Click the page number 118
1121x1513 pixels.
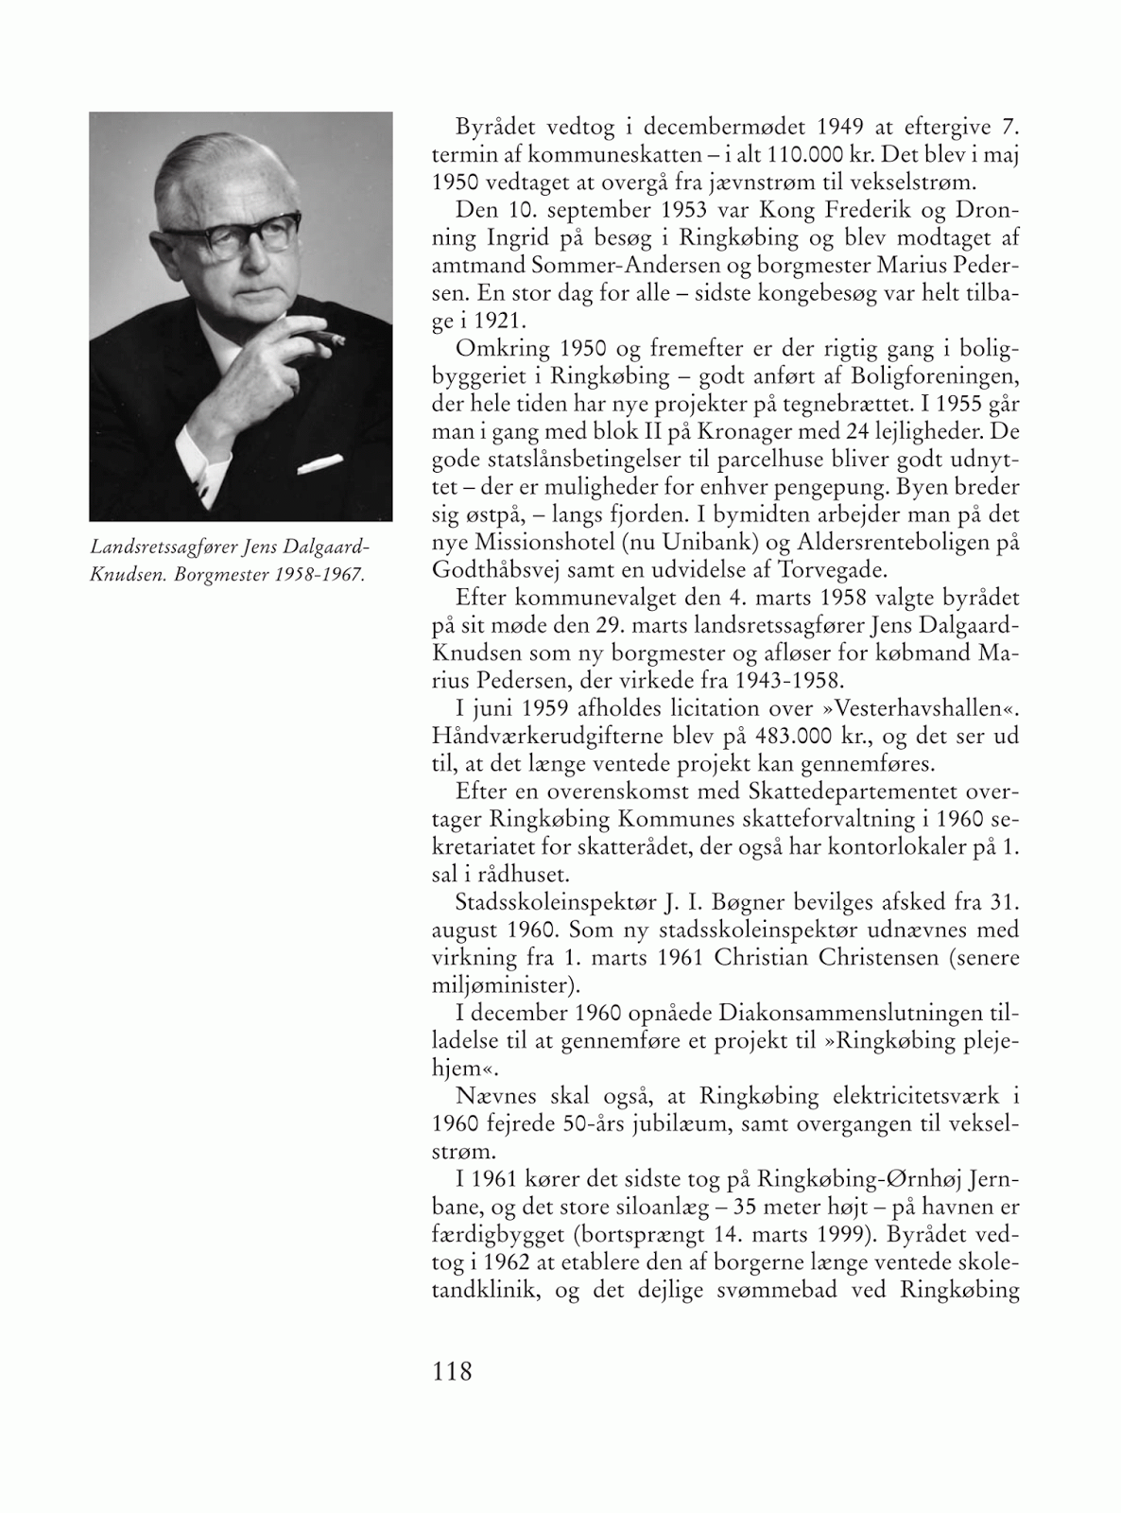pyautogui.click(x=452, y=1370)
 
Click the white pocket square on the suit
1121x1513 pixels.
pyautogui.click(x=319, y=464)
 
